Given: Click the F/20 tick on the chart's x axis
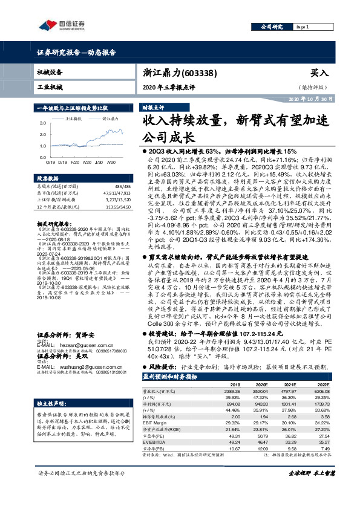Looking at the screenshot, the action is (74, 162).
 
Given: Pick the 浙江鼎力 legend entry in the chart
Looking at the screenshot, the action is (111, 118).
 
